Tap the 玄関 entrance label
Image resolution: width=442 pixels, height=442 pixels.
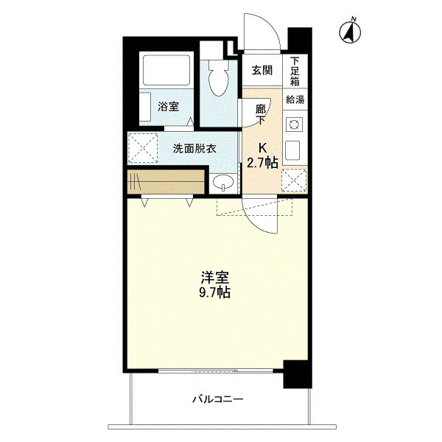262,71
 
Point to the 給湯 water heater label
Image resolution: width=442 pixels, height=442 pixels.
295,99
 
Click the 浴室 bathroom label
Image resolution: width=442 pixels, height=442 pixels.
168,107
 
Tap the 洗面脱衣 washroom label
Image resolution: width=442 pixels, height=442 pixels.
194,148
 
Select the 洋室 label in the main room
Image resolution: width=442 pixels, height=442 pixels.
216,278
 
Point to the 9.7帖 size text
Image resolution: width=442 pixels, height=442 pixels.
216,292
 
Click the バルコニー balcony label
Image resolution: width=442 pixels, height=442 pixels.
218,399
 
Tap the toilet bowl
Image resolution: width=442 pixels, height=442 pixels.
219,81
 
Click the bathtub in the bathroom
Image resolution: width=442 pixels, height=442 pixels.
166,71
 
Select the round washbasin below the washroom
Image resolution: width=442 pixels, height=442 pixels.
222,183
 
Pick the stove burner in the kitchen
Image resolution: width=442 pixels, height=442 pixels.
294,124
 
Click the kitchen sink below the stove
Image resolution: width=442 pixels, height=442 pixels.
293,150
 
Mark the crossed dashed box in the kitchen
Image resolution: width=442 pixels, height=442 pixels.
294,179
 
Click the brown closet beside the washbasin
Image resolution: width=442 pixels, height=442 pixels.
165,181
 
